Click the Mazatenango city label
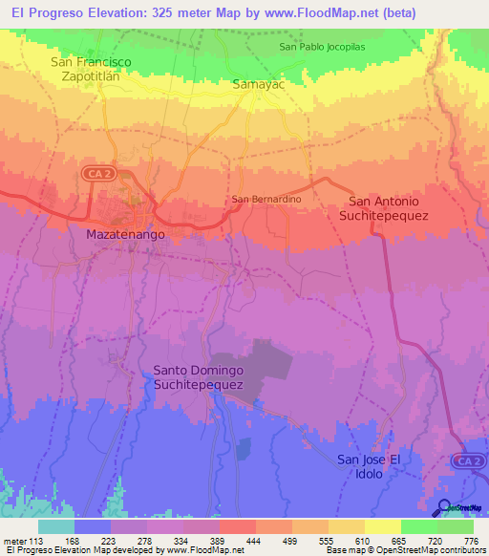pos(126,234)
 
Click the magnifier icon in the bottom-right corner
pos(445,507)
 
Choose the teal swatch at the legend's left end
pos(56,526)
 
